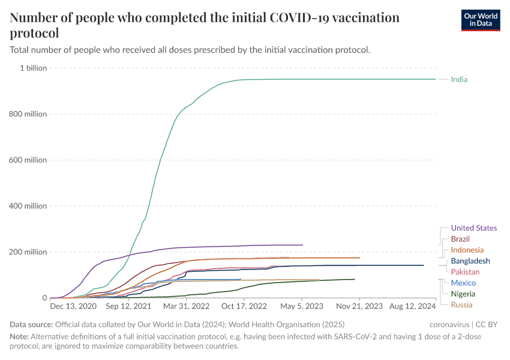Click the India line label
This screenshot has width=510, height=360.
(x=459, y=79)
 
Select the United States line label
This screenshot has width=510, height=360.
(x=473, y=228)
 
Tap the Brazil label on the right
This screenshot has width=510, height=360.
(x=460, y=239)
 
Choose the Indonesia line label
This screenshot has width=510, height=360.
(x=467, y=250)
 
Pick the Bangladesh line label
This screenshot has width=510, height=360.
(x=470, y=261)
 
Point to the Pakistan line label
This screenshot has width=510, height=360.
(x=465, y=272)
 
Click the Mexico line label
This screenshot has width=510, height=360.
(x=463, y=283)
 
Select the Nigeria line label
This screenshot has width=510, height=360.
(x=463, y=294)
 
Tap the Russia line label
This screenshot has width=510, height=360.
(x=461, y=305)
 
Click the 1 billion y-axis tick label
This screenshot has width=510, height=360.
(x=34, y=68)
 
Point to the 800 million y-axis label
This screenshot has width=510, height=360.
(x=28, y=114)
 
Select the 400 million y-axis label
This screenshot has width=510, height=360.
(x=28, y=206)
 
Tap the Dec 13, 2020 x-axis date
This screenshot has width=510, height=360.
(x=73, y=306)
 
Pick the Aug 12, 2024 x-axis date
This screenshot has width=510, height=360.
(x=413, y=306)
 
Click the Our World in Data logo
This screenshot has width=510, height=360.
(x=481, y=19)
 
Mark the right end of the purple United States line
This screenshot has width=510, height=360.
(x=302, y=245)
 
